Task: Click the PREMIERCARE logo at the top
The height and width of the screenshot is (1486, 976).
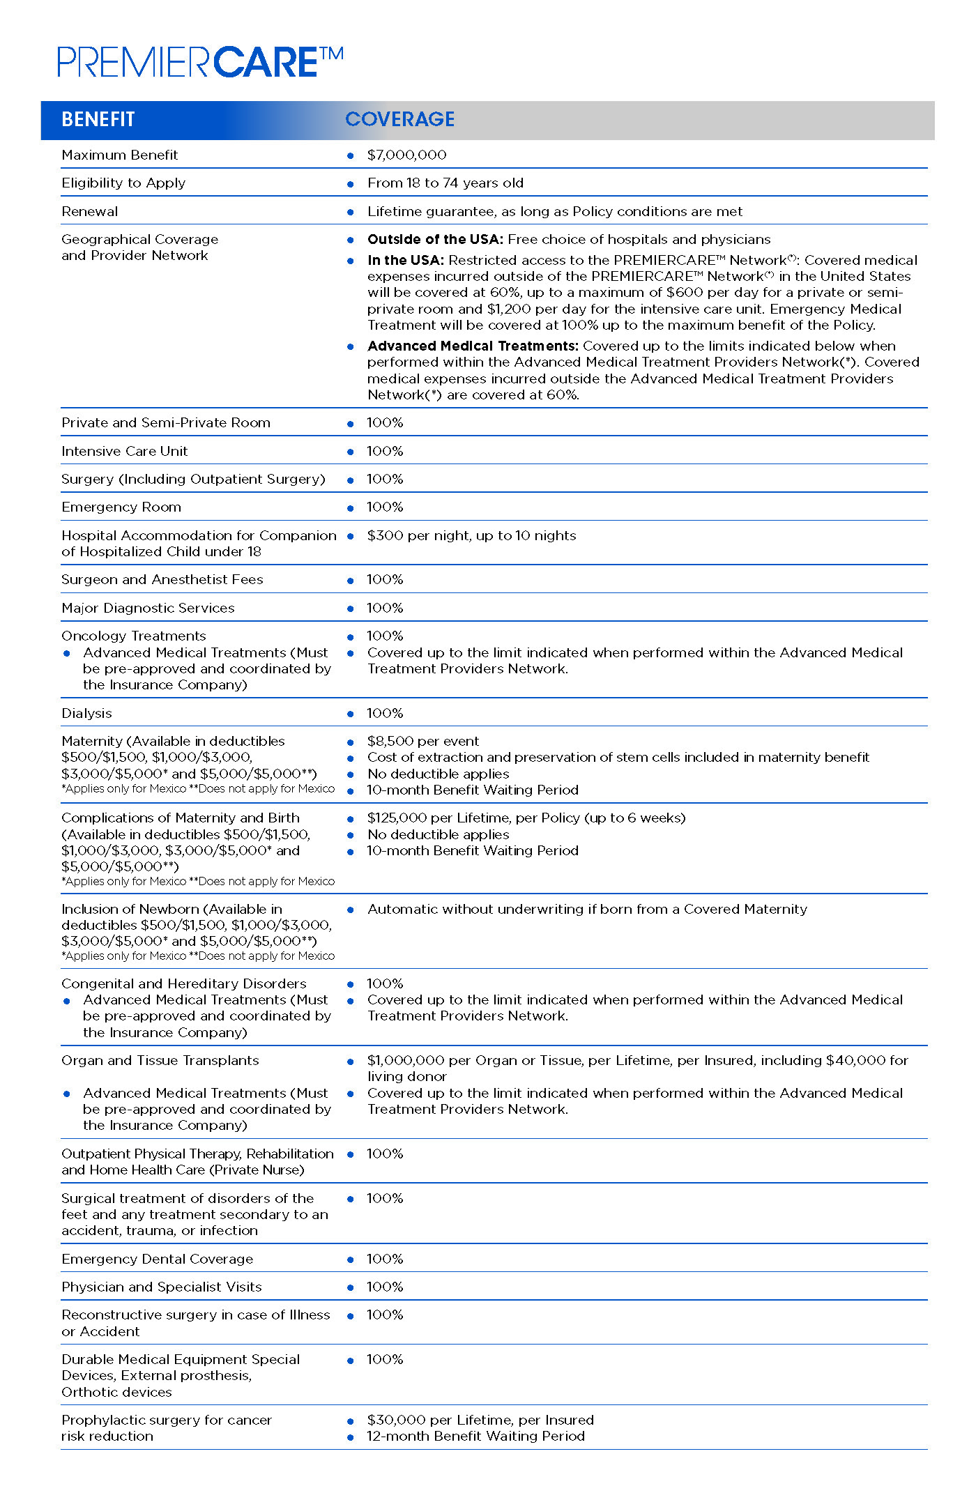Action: click(x=200, y=62)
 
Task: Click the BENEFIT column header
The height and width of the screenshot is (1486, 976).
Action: click(x=98, y=120)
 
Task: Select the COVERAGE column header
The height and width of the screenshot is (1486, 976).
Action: click(x=399, y=119)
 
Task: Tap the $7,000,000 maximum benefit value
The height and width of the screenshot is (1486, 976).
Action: click(x=406, y=155)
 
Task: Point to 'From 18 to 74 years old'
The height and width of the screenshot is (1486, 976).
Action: click(x=445, y=183)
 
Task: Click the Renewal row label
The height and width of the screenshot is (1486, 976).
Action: click(x=89, y=211)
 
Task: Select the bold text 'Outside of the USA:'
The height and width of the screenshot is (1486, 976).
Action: click(x=435, y=239)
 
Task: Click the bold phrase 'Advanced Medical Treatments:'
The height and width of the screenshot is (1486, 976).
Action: click(x=473, y=346)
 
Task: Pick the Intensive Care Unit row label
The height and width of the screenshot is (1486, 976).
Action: click(x=124, y=451)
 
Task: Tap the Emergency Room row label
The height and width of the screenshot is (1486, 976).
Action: click(x=121, y=507)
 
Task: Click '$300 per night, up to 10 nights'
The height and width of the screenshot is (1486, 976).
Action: click(x=471, y=535)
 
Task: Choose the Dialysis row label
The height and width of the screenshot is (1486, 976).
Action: click(x=86, y=713)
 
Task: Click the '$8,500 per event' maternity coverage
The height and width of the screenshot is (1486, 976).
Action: click(x=422, y=741)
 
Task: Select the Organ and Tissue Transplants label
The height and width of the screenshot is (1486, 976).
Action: click(x=160, y=1060)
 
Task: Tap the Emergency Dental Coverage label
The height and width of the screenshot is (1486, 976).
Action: click(x=157, y=1259)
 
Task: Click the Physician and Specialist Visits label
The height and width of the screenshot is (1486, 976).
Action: click(x=161, y=1287)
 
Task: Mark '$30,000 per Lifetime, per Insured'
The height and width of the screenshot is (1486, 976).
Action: click(x=480, y=1420)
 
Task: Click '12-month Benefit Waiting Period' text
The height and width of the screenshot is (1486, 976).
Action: click(x=475, y=1436)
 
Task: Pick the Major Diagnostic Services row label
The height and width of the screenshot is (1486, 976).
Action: click(x=148, y=608)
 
